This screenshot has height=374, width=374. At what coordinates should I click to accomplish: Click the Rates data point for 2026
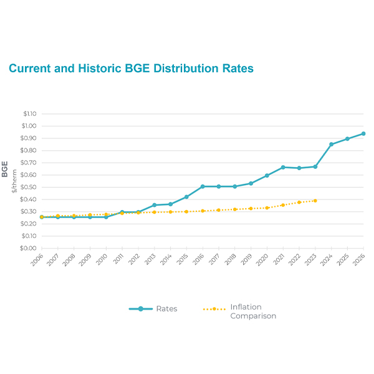[363, 133]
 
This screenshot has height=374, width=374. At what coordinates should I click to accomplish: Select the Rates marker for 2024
[332, 144]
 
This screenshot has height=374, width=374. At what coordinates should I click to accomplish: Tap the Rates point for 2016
[203, 186]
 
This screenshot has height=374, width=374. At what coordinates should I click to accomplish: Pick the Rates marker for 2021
[283, 167]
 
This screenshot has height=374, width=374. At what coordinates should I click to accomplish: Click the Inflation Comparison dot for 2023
[315, 201]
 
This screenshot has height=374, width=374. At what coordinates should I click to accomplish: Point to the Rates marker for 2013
[154, 205]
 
